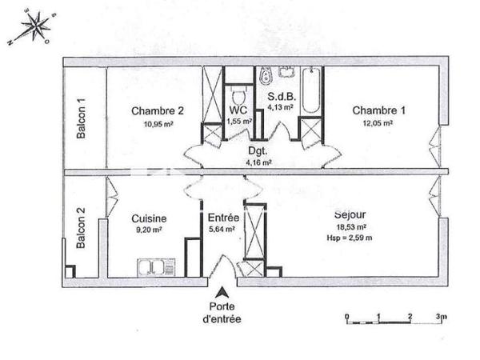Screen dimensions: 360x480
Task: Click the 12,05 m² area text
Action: click(378, 123)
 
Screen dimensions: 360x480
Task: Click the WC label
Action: click(238, 110)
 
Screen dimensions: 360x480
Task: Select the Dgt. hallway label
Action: click(258, 150)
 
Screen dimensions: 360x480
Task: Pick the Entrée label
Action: click(222, 218)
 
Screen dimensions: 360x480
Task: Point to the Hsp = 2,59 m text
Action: click(350, 238)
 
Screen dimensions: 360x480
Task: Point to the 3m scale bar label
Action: click(442, 317)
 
